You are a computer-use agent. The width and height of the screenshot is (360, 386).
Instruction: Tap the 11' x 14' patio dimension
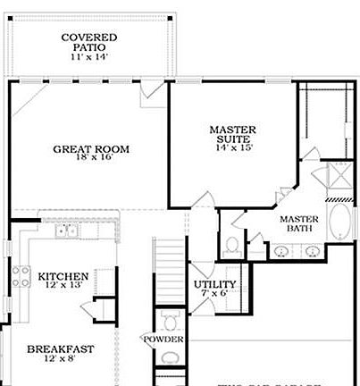[x=89, y=57]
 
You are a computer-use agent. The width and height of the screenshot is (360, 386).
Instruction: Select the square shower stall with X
[x=337, y=176]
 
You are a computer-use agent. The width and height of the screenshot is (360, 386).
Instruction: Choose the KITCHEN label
[x=63, y=277]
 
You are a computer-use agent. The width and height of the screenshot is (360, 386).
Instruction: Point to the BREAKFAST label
[x=60, y=349]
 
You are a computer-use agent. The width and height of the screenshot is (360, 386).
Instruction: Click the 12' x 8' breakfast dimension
[x=60, y=360]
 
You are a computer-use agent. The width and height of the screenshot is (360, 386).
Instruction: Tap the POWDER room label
[x=163, y=340]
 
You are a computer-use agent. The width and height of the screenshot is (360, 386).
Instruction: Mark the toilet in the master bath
[x=232, y=243]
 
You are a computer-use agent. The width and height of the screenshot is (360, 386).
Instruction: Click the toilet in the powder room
[x=167, y=321]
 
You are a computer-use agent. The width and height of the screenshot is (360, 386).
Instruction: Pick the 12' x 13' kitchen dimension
[x=63, y=287]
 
